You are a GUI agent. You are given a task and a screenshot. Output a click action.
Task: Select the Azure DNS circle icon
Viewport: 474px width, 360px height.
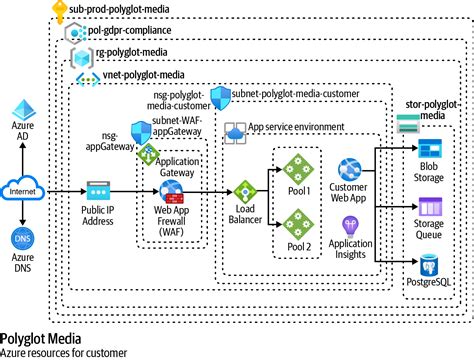pyautogui.click(x=22, y=240)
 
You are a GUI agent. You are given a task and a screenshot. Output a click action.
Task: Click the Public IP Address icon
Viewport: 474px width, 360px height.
pyautogui.click(x=97, y=189)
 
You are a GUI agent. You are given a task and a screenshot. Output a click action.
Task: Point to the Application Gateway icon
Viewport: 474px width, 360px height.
pyautogui.click(x=148, y=155)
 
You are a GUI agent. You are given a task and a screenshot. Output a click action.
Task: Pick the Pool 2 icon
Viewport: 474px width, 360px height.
pyautogui.click(x=296, y=221)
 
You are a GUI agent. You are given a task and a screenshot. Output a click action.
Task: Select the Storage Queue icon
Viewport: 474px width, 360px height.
pyautogui.click(x=429, y=208)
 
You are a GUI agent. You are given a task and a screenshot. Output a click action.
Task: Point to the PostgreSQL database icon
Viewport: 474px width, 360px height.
pyautogui.click(x=429, y=265)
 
